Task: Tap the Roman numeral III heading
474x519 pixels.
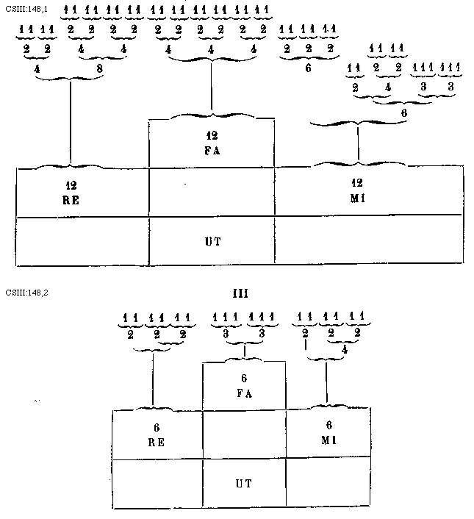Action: coord(240,293)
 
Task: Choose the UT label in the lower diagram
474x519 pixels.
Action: coord(244,484)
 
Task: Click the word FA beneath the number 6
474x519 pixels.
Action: coord(245,393)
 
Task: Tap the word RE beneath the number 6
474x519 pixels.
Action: coord(157,443)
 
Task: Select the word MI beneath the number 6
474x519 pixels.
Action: coord(328,440)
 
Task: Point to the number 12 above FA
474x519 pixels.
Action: coord(212,136)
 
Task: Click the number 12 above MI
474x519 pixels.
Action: coord(358,181)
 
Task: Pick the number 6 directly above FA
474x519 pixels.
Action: coord(245,378)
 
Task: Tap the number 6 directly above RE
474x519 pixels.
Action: coord(157,428)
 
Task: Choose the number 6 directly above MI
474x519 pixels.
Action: coord(328,425)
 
